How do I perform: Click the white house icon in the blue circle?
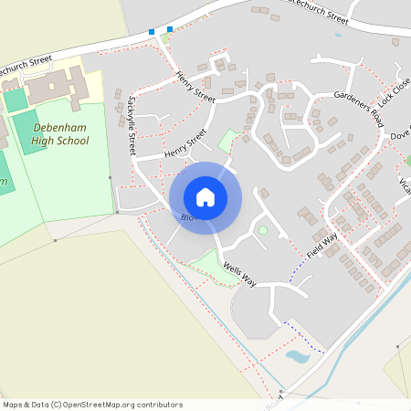pos(205,196)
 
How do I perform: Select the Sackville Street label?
pos(133,124)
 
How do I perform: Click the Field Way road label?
pos(321,243)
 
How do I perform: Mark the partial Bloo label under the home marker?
pos(188,217)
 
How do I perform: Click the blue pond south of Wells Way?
pos(298,355)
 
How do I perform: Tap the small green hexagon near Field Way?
pos(263,230)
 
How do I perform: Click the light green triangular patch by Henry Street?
pos(228,142)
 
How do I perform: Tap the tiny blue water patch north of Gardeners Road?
pos(338,36)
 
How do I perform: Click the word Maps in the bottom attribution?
pos(14,405)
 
